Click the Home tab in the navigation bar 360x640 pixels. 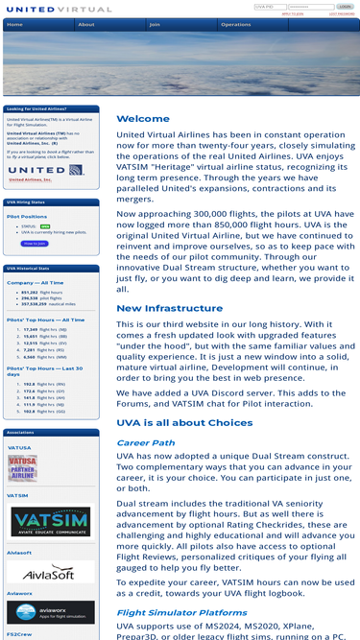[x=15, y=25]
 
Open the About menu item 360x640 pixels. [x=86, y=25]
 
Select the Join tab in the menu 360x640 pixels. [x=155, y=25]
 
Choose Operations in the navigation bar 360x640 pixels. [x=236, y=25]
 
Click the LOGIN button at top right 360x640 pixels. [x=345, y=7]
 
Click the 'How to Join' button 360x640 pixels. [x=34, y=244]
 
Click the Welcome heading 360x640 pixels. [x=143, y=119]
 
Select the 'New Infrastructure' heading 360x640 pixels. [x=169, y=308]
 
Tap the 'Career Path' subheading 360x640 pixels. [x=146, y=442]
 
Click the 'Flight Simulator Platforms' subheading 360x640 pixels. [x=181, y=612]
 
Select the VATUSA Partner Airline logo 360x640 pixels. [x=23, y=468]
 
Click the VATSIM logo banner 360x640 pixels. [x=51, y=521]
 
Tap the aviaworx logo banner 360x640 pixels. [x=51, y=612]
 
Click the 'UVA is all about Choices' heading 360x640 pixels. [x=185, y=422]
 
